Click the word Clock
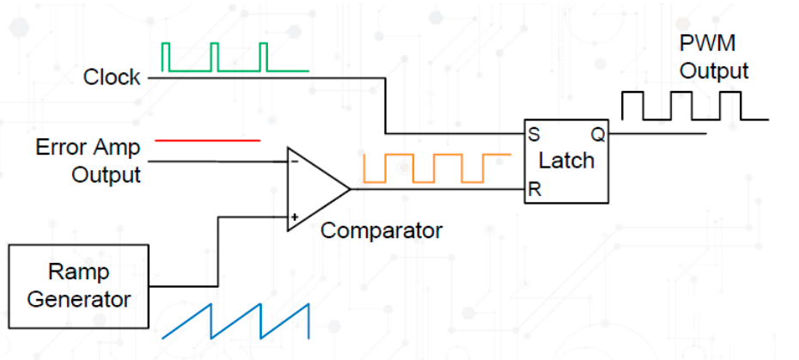coord(111,77)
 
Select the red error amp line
coord(206,138)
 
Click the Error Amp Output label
coord(88,161)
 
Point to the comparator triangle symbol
coord(315,189)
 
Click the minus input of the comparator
coord(295,161)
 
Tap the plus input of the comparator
coord(295,217)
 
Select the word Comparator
coord(381,230)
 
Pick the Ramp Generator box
coord(79,286)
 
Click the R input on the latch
coord(534,190)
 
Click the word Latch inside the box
coord(566,161)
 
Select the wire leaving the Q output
coord(657,133)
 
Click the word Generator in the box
coord(79,299)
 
